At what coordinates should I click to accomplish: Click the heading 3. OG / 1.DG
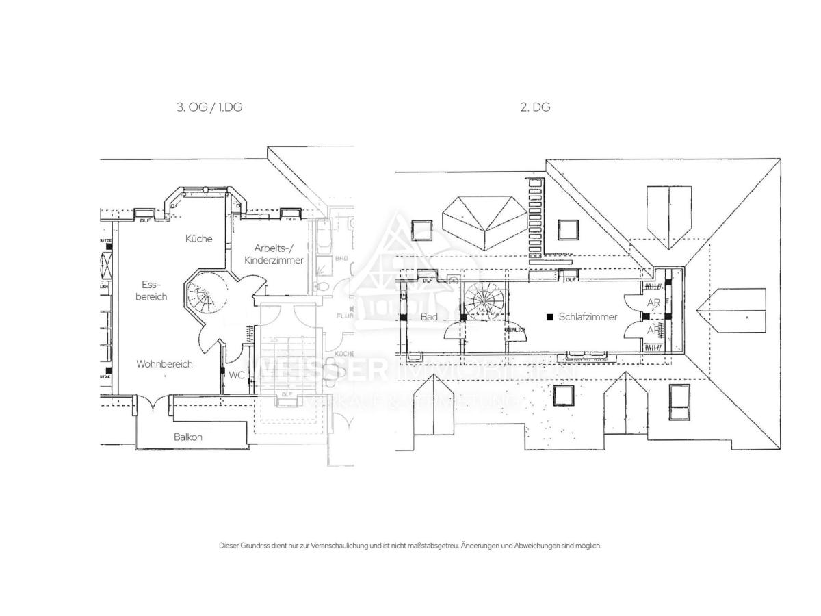(209, 107)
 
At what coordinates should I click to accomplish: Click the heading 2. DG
(536, 107)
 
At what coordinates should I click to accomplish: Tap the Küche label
(198, 239)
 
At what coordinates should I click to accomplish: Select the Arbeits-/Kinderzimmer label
(278, 254)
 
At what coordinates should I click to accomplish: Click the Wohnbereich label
(164, 364)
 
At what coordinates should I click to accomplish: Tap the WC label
(237, 375)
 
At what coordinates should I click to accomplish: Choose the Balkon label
(187, 437)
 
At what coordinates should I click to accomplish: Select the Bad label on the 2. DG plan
(429, 317)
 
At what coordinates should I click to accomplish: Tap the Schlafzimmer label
(588, 317)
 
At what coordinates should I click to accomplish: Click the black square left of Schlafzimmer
(549, 317)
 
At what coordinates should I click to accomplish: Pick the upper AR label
(653, 302)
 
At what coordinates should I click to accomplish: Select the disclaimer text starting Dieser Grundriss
(410, 546)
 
